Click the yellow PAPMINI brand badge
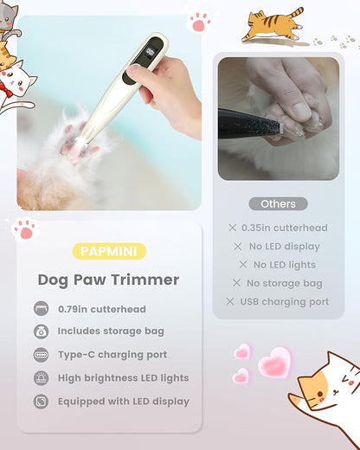pos(109,251)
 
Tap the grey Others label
pos(278,204)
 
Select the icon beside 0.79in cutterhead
pos(41,308)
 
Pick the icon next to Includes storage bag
pos(41,331)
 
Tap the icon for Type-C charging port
pos(41,355)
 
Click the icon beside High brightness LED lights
pos(41,378)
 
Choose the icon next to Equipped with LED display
pos(41,402)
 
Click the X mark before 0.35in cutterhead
pos(232,228)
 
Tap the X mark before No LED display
pos(238,247)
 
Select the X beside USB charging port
pos(230,301)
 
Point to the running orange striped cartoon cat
pos(273,25)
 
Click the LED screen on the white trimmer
pos(151,52)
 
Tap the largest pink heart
pos(275,363)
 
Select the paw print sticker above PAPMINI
pos(25,229)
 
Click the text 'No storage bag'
pos(285,283)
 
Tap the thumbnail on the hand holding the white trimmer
pos(133,70)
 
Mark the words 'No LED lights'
pos(285,265)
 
